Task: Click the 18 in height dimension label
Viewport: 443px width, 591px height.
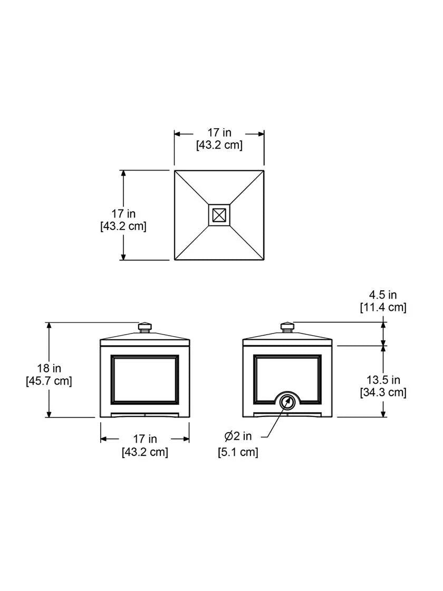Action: pyautogui.click(x=49, y=368)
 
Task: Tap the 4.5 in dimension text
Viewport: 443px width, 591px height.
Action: pyautogui.click(x=383, y=295)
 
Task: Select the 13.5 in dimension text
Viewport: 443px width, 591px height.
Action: pyautogui.click(x=383, y=380)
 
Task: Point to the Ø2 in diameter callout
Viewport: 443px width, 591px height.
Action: pyautogui.click(x=238, y=436)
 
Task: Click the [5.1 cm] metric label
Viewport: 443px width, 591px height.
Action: pyautogui.click(x=238, y=452)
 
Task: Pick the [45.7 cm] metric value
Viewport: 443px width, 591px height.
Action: pyautogui.click(x=49, y=381)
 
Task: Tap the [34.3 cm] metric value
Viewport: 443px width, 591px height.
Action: pyautogui.click(x=383, y=393)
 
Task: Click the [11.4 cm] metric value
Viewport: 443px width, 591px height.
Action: pyautogui.click(x=383, y=308)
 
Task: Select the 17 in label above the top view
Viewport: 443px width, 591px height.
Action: pyautogui.click(x=219, y=132)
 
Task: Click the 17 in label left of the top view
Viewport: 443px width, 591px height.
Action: pyautogui.click(x=123, y=214)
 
